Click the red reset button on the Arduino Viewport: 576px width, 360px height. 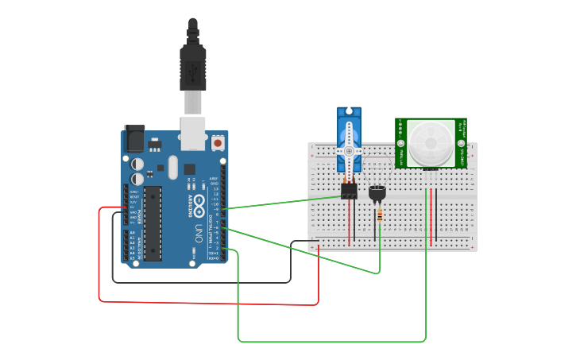[217, 143]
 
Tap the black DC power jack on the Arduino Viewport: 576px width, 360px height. [133, 140]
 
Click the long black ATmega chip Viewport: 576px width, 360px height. [153, 223]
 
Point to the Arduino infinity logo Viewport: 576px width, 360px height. [198, 201]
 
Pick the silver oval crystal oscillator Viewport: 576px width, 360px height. [172, 167]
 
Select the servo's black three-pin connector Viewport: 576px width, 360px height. [349, 191]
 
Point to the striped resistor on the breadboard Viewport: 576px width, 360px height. [380, 215]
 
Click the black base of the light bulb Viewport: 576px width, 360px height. [376, 192]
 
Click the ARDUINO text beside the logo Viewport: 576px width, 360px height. [190, 202]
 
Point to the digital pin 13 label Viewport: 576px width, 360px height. [215, 189]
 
